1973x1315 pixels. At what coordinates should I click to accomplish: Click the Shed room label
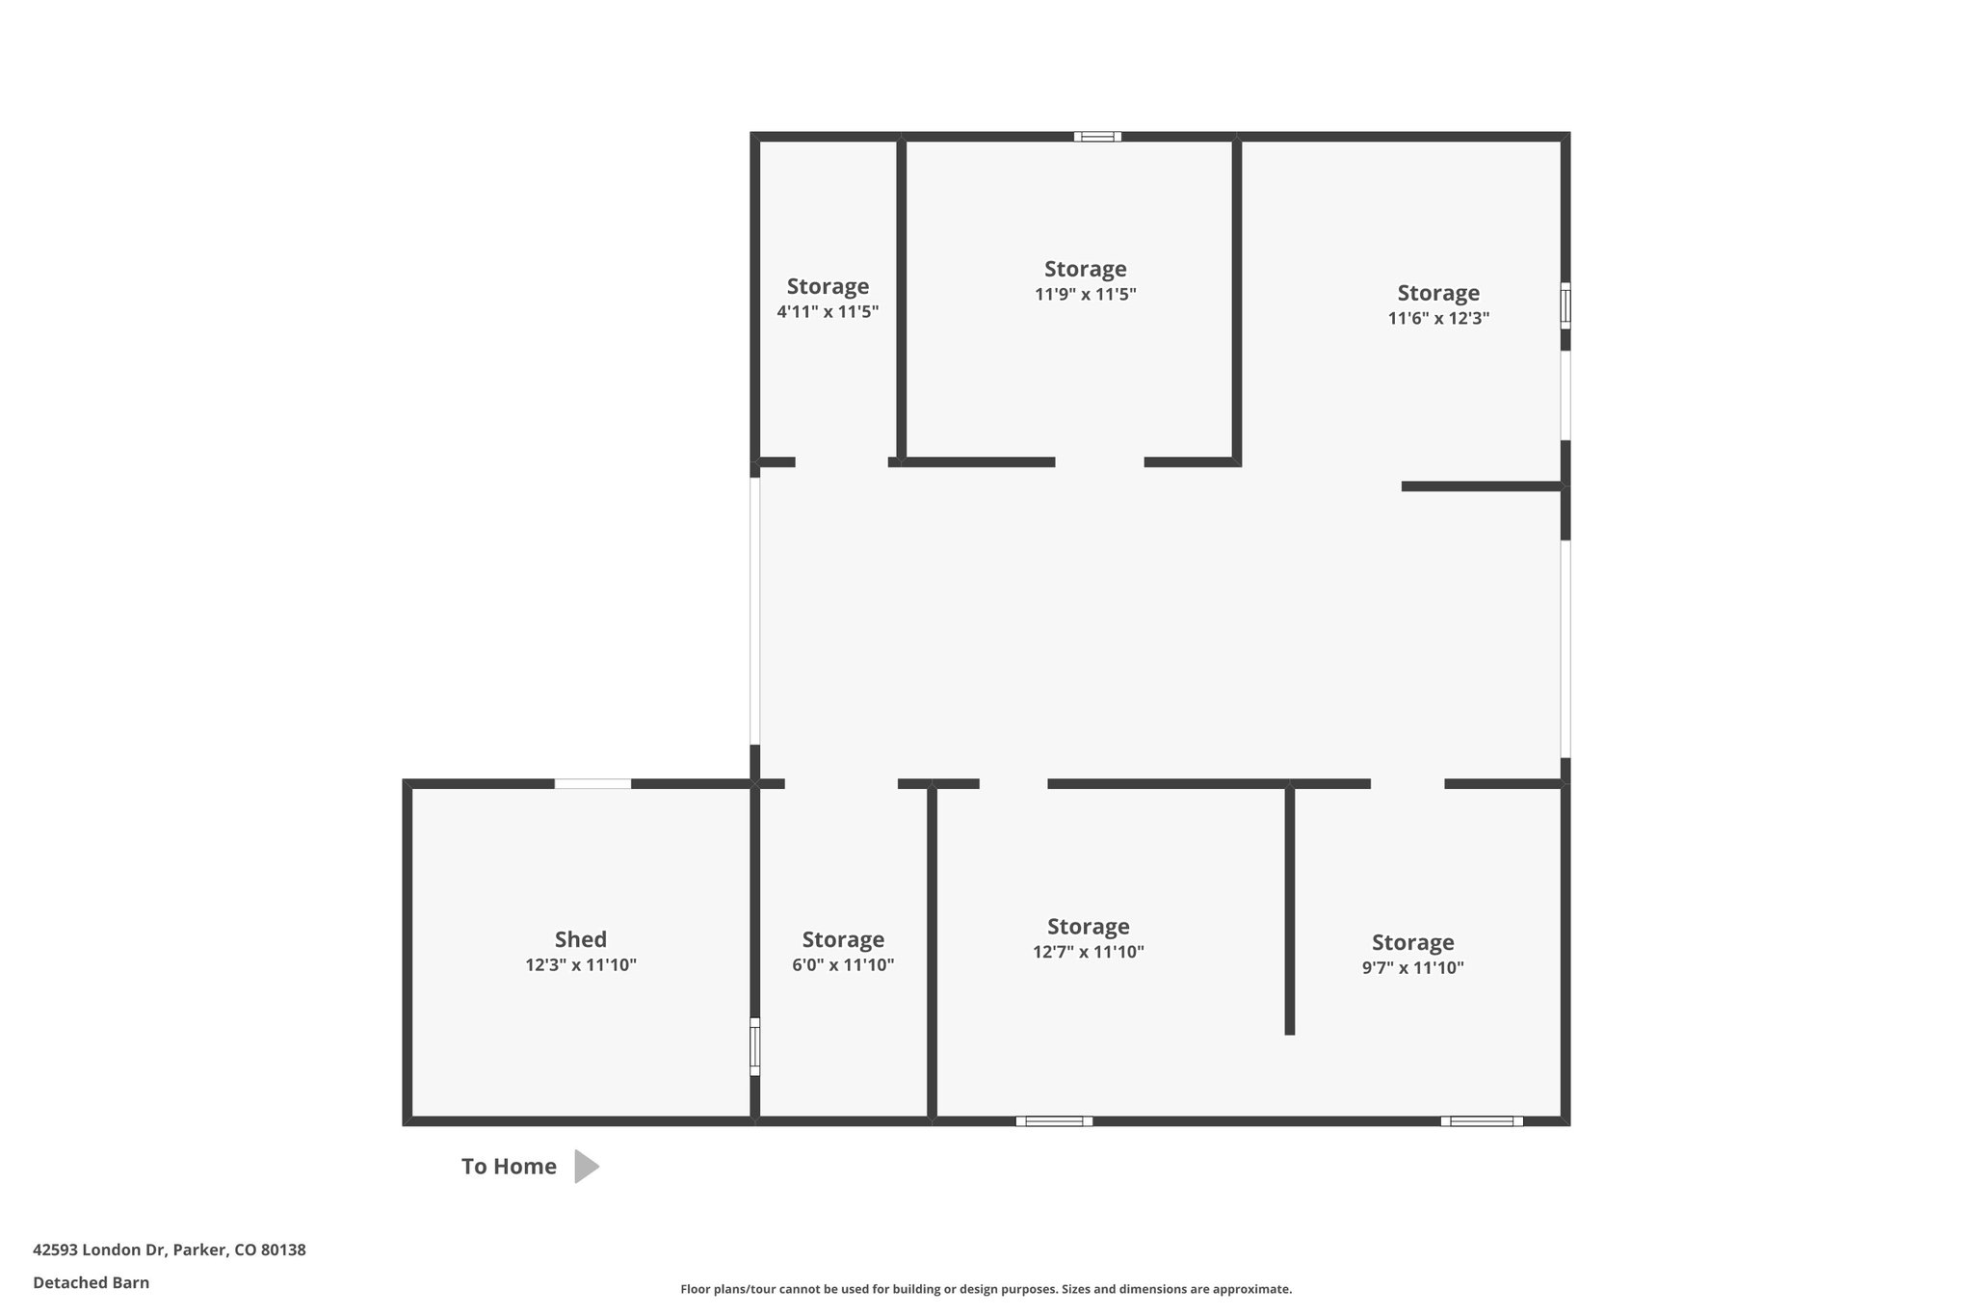(580, 939)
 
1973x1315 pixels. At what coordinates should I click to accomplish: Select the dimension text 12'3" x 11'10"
(581, 965)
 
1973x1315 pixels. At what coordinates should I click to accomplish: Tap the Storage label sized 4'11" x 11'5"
(828, 286)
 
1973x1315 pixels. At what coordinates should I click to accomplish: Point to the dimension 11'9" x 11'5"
(1086, 295)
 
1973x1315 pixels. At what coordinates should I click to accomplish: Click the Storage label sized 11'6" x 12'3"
(1438, 293)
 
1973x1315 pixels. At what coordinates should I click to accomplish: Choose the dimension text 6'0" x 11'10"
(843, 965)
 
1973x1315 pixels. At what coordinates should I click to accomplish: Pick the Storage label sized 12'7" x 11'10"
(1088, 927)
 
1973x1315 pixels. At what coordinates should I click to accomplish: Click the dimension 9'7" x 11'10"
(1412, 968)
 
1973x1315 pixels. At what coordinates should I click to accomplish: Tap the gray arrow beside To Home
(587, 1167)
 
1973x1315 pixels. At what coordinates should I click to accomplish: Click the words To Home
(509, 1167)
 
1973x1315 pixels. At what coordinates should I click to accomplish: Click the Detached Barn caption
(92, 1282)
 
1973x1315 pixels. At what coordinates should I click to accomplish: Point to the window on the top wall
(1098, 137)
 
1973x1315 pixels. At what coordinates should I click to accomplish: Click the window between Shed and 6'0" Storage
(755, 1046)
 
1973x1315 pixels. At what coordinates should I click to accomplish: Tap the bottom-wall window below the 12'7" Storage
(1054, 1121)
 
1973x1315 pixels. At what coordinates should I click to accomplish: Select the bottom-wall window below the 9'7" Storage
(1482, 1121)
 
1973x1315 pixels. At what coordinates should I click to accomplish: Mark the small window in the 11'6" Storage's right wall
(1565, 306)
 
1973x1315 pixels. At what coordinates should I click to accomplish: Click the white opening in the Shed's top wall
(592, 784)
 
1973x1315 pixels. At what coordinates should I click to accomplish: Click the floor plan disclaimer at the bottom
(986, 1289)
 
